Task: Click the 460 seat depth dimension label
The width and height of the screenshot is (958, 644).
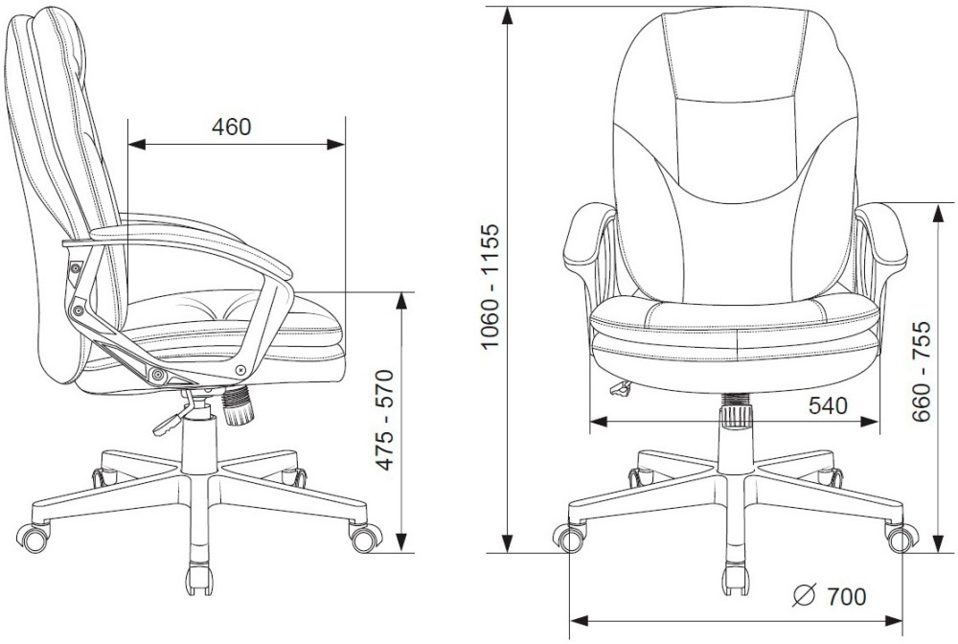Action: [232, 127]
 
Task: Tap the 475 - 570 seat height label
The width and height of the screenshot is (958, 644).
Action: [384, 419]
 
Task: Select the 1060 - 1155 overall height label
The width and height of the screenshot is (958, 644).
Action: [490, 287]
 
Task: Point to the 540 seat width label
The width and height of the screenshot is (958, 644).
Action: [828, 405]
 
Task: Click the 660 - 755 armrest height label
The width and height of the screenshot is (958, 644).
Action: [921, 371]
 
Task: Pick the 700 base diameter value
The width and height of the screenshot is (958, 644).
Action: [846, 596]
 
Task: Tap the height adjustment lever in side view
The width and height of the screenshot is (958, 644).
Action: [172, 419]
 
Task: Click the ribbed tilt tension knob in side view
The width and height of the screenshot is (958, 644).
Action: [237, 405]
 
